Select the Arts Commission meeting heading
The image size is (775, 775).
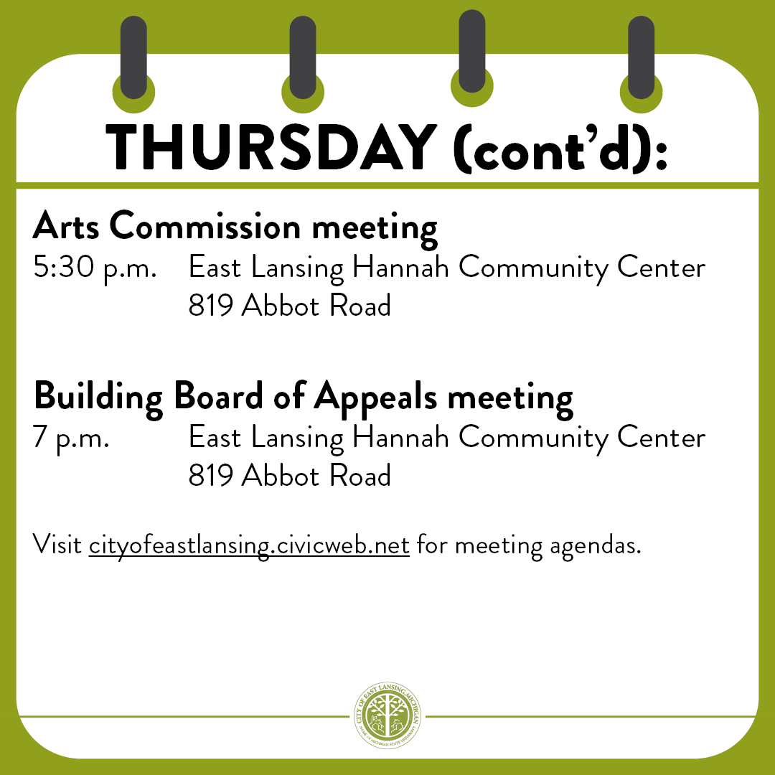235,227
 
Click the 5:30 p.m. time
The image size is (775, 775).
95,268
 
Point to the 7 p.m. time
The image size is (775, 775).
71,438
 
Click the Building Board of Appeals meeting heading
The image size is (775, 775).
303,396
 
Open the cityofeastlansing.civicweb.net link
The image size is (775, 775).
249,545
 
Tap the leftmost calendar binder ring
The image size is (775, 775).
133,59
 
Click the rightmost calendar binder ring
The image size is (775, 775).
641,59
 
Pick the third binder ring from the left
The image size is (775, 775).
471,52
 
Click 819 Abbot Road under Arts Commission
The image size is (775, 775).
289,306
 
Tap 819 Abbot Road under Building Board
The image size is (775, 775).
289,475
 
